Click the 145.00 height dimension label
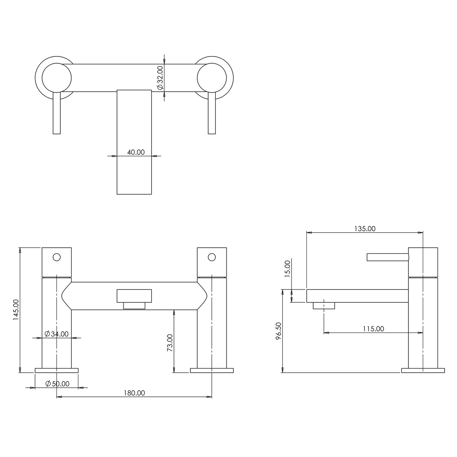click(x=16, y=310)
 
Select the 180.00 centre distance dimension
click(x=134, y=393)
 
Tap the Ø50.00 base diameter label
click(x=57, y=384)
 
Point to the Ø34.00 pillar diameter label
click(x=56, y=334)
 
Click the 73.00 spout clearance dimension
click(x=169, y=343)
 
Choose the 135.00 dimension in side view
click(x=365, y=228)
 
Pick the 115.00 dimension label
click(x=373, y=329)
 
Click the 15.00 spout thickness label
click(x=288, y=269)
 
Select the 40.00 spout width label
click(x=136, y=152)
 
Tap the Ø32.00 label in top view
click(x=160, y=78)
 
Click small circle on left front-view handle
click(x=56, y=257)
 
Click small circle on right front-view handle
click(x=212, y=257)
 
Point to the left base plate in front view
click(x=56, y=370)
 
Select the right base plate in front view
click(x=212, y=370)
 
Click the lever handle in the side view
click(x=388, y=257)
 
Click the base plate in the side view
click(x=423, y=370)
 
